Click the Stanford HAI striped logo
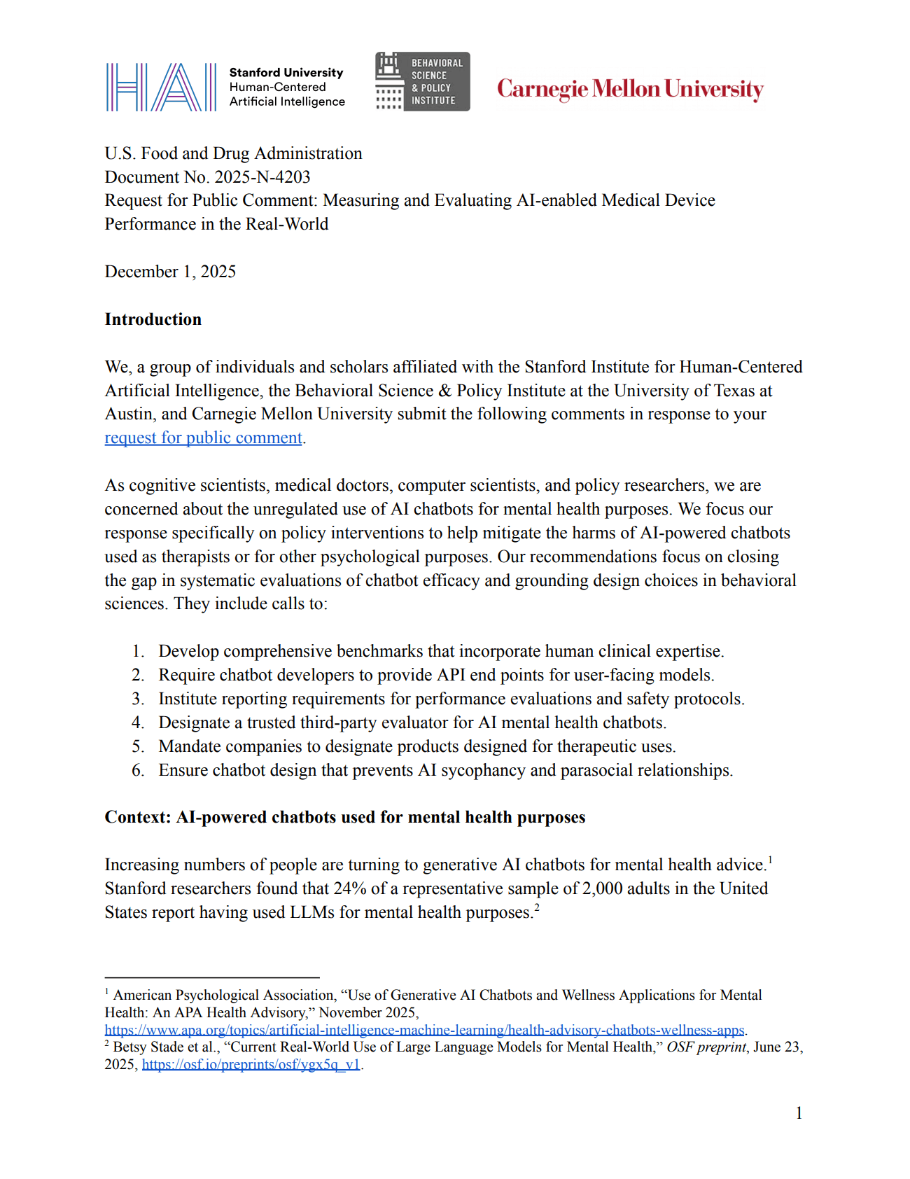[161, 88]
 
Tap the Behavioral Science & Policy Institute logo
[422, 82]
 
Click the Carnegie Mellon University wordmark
[630, 89]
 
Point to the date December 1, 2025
[170, 272]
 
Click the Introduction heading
[153, 319]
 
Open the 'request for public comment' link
[204, 438]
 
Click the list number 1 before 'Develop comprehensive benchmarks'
[138, 651]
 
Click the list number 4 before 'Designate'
[138, 723]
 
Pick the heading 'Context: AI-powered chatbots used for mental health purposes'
[345, 817]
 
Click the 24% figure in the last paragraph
[350, 888]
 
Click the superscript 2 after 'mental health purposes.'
[537, 908]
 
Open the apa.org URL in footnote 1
[424, 1030]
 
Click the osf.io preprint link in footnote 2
[251, 1064]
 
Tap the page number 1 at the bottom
[799, 1113]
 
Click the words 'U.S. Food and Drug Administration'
[234, 153]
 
